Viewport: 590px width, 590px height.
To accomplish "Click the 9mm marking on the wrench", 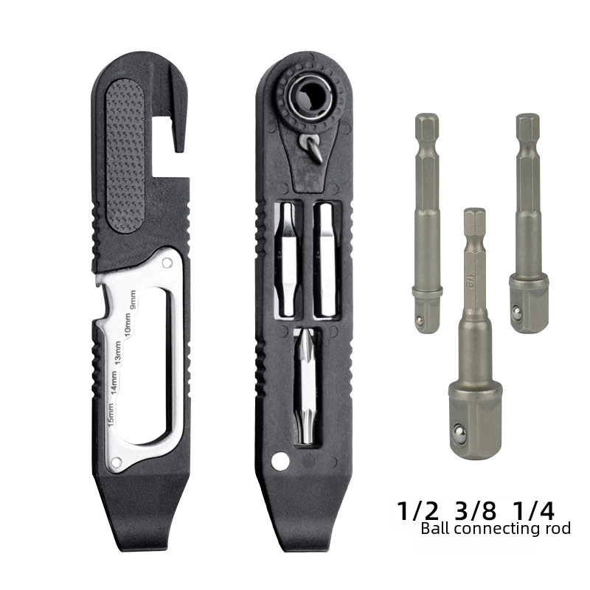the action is click(x=133, y=300).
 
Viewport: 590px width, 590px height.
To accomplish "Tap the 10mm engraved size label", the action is click(x=128, y=324).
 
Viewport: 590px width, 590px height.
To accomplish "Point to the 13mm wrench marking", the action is click(x=118, y=353).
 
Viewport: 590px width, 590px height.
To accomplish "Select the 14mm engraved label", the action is click(x=114, y=382).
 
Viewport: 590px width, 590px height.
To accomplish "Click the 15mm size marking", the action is click(x=111, y=414).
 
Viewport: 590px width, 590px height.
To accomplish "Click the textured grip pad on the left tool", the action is click(x=125, y=154).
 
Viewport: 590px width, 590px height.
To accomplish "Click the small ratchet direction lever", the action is click(x=310, y=148).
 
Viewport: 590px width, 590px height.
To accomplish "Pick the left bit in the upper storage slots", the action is click(x=288, y=260).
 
